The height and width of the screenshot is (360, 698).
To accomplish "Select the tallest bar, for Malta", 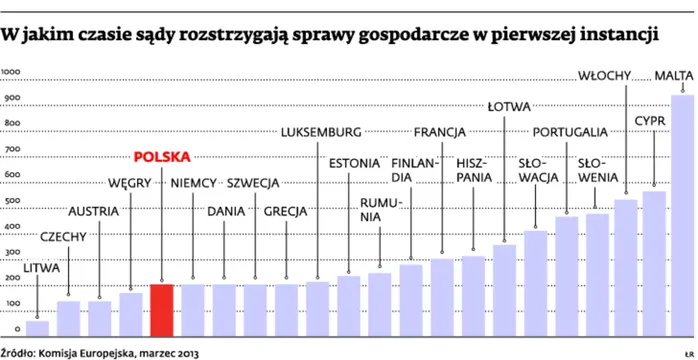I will pyautogui.click(x=682, y=215).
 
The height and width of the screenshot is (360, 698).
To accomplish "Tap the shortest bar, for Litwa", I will pyautogui.click(x=37, y=327).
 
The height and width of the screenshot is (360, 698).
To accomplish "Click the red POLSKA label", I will pyautogui.click(x=162, y=157).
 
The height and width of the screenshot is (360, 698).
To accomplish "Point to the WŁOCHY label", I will pyautogui.click(x=607, y=75).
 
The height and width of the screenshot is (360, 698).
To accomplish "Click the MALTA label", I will pyautogui.click(x=673, y=75).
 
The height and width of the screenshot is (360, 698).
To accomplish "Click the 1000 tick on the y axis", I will pyautogui.click(x=13, y=73).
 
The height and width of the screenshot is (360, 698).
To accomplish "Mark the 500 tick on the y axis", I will pyautogui.click(x=11, y=202).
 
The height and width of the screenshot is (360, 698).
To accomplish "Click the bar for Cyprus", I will pyautogui.click(x=654, y=263).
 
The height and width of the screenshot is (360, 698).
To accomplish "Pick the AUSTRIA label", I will pyautogui.click(x=93, y=211).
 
